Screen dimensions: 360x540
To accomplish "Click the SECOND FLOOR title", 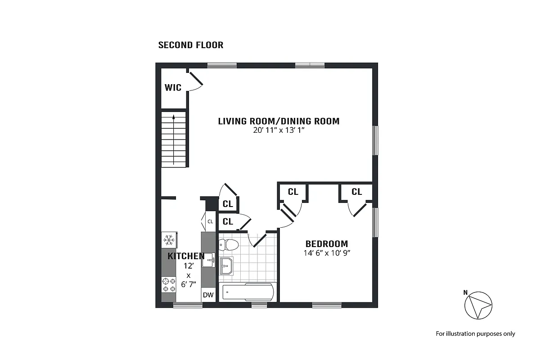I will (191, 45).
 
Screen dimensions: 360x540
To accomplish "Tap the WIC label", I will (173, 87).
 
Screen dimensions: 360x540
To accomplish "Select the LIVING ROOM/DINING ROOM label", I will (279, 121).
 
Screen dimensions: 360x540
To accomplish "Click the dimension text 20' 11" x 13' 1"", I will (279, 130).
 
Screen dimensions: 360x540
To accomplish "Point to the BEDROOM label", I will (327, 244).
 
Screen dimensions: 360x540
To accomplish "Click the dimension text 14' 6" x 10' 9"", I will (327, 253).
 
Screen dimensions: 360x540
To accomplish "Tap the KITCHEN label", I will (186, 256).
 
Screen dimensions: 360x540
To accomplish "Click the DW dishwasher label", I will (208, 295).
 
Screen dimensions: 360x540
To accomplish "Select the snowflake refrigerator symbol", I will (169, 239).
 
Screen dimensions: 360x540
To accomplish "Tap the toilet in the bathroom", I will (229, 245).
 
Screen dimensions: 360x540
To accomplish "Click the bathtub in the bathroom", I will (247, 292).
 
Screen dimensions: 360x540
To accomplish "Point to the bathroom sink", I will (226, 266).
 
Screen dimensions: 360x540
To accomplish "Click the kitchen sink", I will (208, 260).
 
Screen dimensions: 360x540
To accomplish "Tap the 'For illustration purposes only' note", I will (475, 334).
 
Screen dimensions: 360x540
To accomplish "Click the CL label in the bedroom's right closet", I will (356, 192).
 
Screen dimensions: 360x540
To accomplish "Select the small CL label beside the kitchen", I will (210, 221).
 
